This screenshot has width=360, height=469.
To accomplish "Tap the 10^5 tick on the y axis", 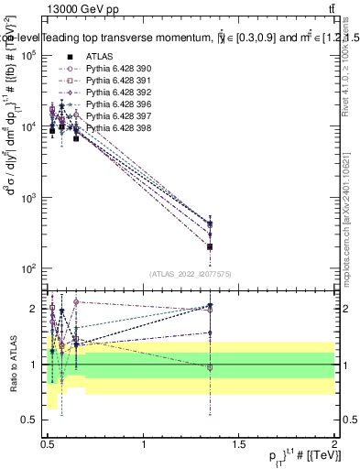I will pos(30,56).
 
